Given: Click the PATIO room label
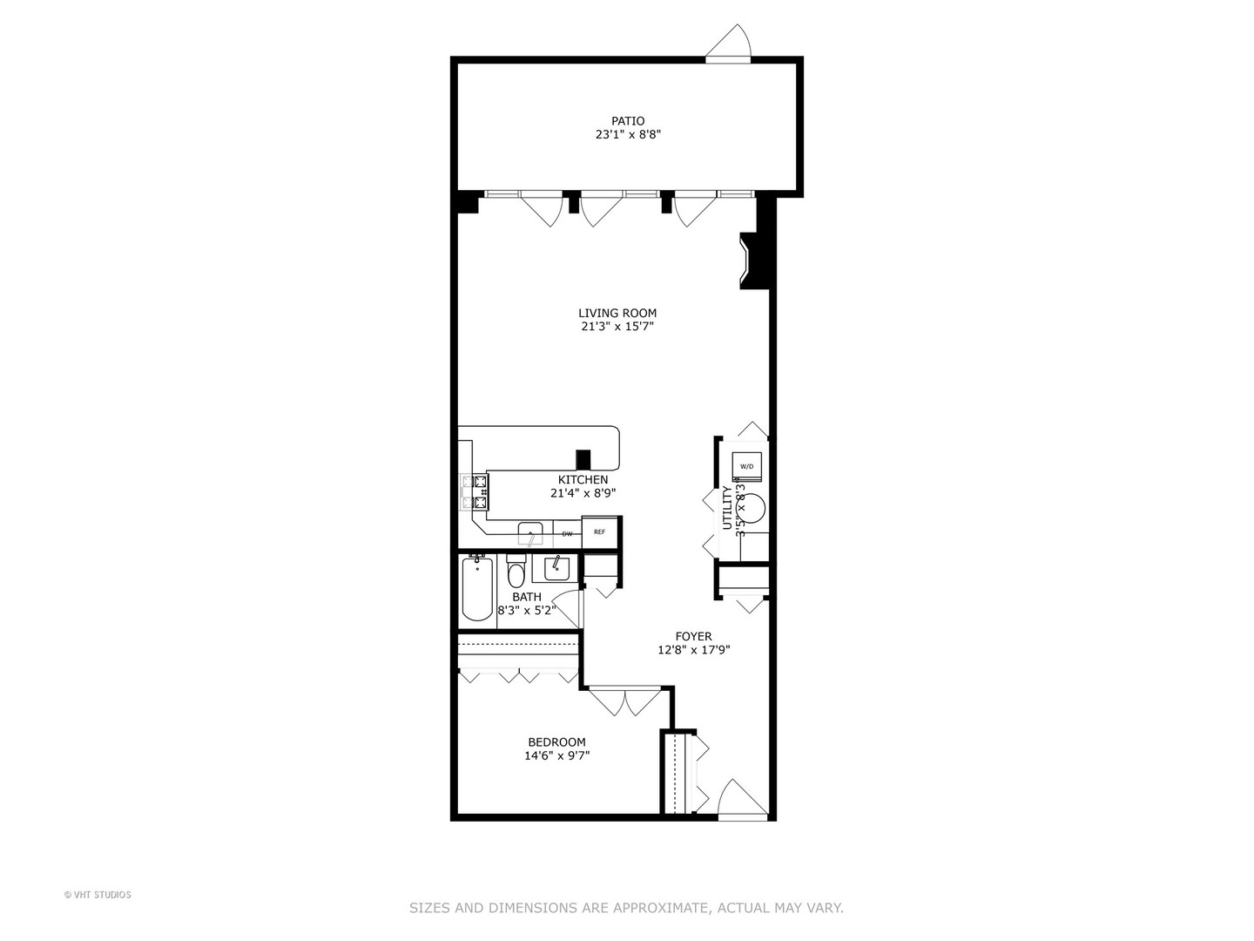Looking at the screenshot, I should (627, 121).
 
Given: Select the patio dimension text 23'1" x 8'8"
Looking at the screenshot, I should (627, 135).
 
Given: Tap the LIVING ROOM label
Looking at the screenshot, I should (617, 313).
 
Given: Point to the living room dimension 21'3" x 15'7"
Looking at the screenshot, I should (617, 327).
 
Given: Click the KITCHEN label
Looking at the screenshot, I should (583, 479).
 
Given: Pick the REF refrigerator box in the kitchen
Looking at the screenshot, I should (599, 532).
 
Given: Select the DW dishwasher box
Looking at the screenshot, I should (567, 533).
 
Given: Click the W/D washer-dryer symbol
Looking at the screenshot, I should (747, 465).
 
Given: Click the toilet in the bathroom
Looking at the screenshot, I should (516, 573).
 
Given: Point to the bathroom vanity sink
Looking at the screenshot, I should (556, 568).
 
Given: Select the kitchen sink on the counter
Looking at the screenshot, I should (529, 533).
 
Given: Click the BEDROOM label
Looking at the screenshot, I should (556, 742).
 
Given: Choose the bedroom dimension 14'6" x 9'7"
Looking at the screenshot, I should (556, 756).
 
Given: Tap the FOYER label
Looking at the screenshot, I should (693, 636).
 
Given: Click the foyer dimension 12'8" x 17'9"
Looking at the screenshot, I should (693, 650).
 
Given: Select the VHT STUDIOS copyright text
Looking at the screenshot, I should (98, 895).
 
